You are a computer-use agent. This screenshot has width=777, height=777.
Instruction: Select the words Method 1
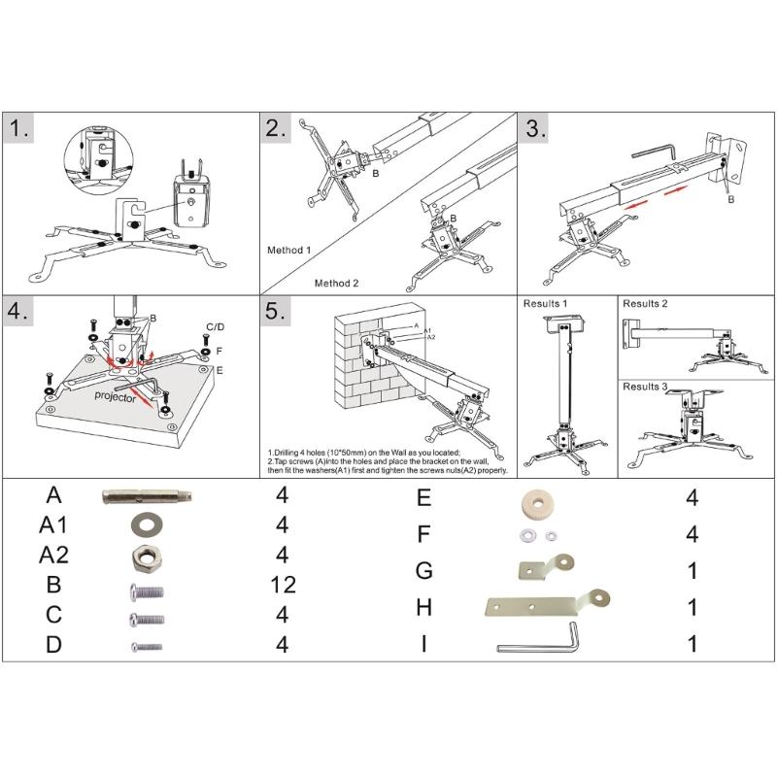click(x=288, y=250)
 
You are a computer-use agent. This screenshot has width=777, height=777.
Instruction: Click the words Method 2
click(x=336, y=283)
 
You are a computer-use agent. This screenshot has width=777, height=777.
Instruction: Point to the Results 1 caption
click(x=546, y=304)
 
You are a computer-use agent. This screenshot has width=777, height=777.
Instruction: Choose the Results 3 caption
click(x=646, y=387)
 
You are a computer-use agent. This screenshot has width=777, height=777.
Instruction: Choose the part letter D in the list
click(x=53, y=644)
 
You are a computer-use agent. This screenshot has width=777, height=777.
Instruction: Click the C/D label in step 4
click(x=216, y=326)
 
